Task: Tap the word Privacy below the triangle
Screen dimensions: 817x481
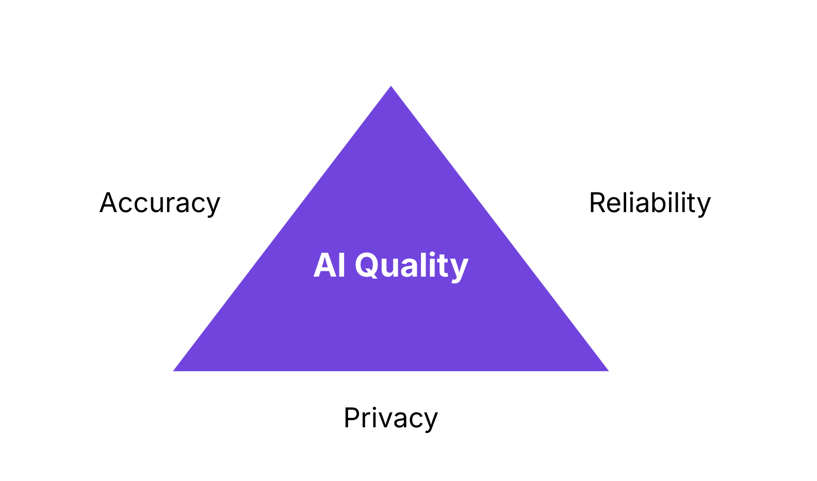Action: (x=390, y=418)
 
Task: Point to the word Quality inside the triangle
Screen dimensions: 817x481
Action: (x=412, y=266)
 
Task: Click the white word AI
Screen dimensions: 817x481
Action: (x=329, y=265)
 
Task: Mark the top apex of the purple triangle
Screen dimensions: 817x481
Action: (x=391, y=86)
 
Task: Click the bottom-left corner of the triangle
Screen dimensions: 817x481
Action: (x=173, y=371)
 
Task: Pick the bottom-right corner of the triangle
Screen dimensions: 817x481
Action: (x=609, y=371)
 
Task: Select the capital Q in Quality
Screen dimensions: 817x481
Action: (x=367, y=266)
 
